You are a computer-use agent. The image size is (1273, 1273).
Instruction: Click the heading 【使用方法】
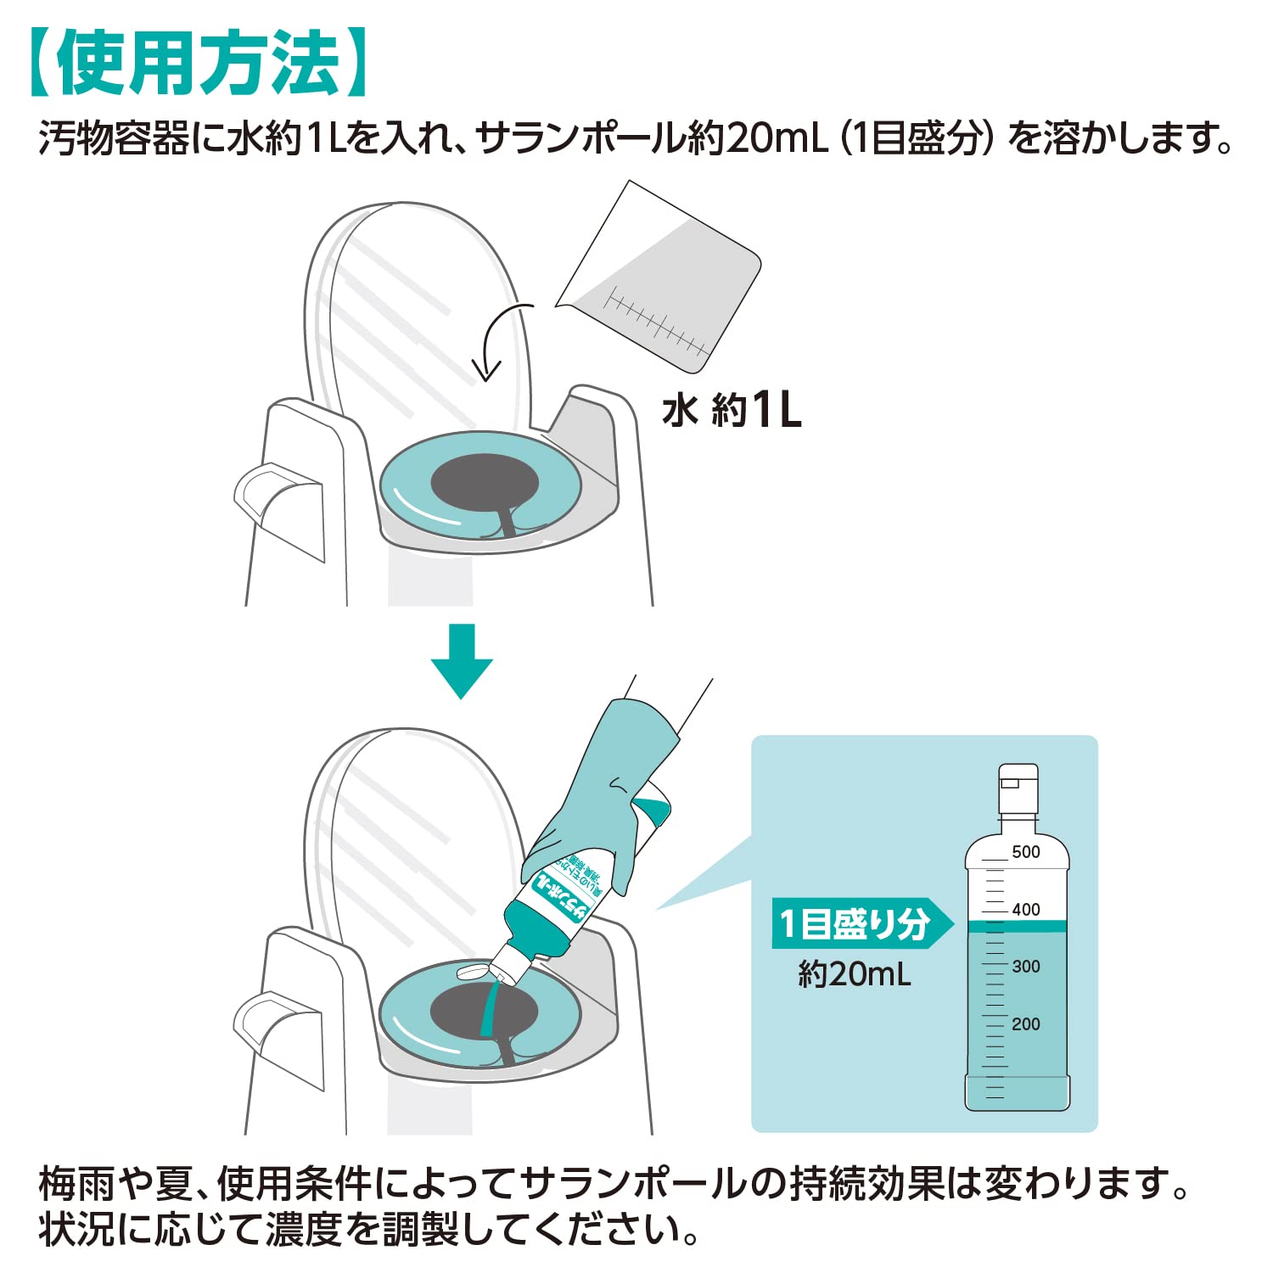point(199,64)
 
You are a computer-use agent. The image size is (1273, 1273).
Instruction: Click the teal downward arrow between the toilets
point(462,662)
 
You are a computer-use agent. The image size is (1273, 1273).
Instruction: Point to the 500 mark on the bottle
point(1025,852)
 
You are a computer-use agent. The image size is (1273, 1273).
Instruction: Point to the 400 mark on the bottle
point(1025,910)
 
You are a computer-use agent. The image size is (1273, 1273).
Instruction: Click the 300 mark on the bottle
point(1025,967)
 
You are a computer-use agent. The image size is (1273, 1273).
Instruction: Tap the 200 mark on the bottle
point(1025,1024)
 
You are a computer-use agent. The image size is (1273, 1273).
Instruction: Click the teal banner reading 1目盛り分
point(857,923)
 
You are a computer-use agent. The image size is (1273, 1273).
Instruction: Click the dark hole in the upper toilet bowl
point(484,482)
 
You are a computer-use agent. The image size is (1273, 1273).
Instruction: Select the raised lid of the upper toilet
point(416,314)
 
